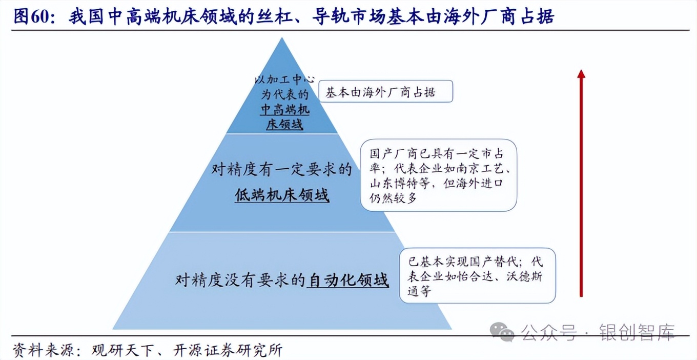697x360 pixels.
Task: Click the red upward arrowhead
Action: (x=581, y=75)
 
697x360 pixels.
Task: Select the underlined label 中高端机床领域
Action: (x=285, y=117)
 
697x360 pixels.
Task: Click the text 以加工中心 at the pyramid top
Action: (x=285, y=80)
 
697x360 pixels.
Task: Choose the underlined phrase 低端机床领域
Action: (x=282, y=195)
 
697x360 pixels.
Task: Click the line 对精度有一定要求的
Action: (x=282, y=169)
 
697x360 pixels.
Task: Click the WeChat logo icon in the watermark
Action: (x=502, y=332)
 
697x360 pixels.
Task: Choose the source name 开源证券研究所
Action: (x=226, y=350)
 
